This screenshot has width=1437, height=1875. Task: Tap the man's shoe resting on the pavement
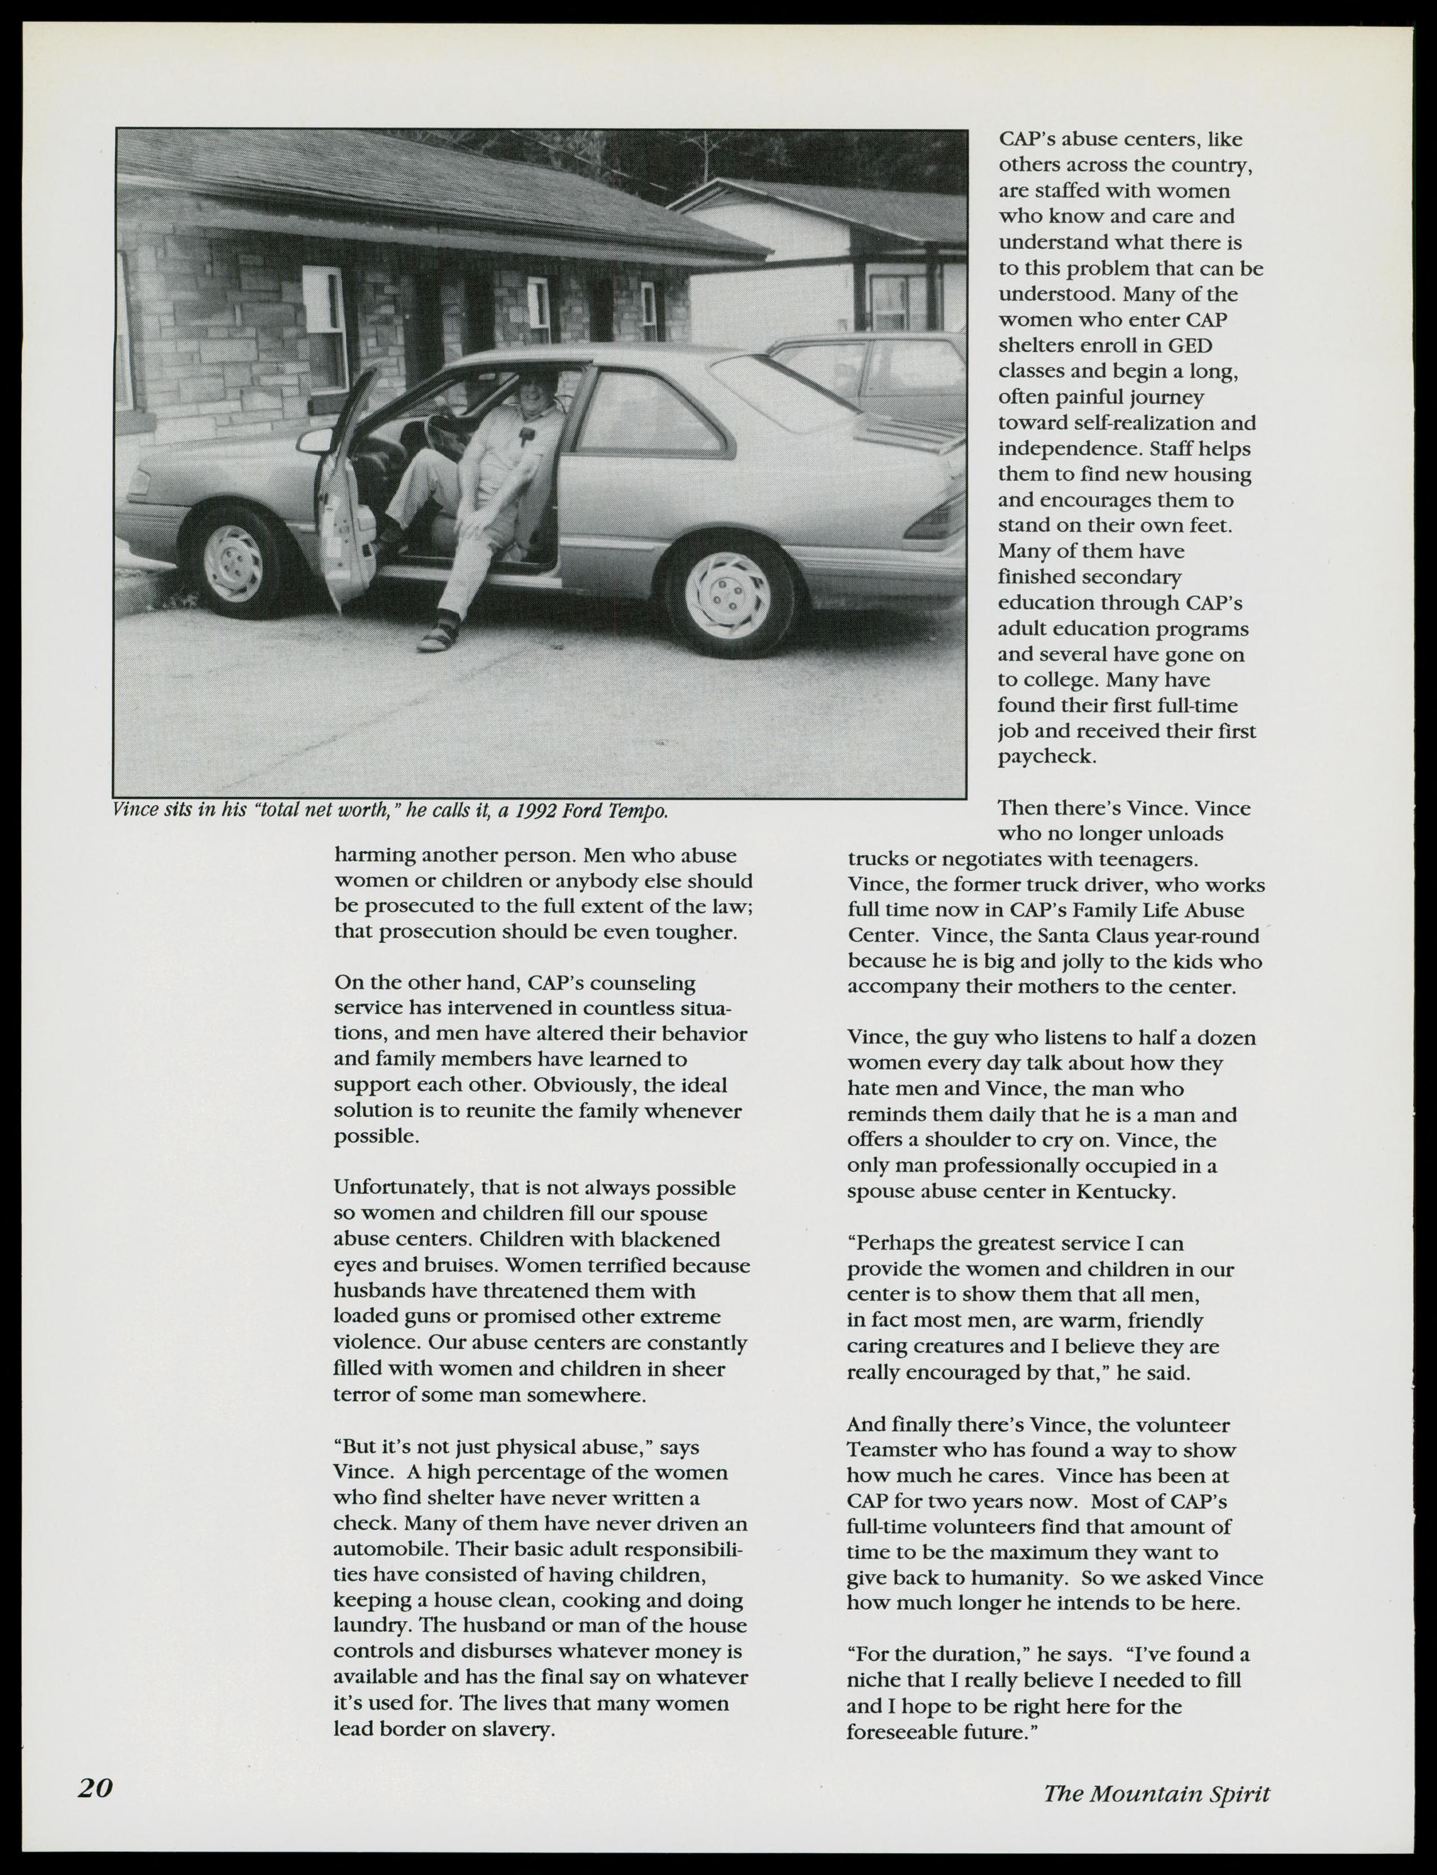point(442,632)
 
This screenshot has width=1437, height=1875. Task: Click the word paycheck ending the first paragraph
point(1046,757)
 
